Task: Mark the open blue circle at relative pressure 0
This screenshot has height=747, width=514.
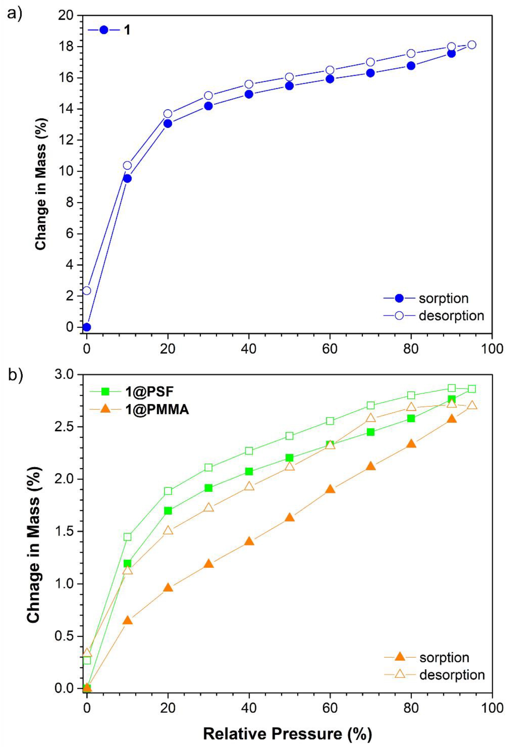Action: (87, 291)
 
